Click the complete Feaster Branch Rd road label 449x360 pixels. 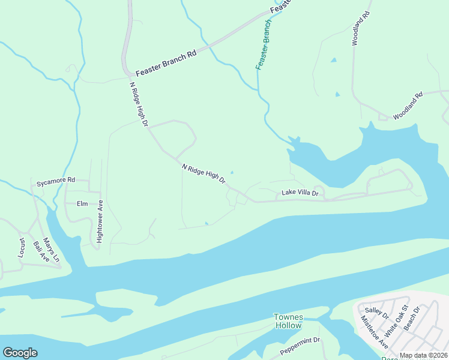[166, 62]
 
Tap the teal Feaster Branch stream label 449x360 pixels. [264, 44]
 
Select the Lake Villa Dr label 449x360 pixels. [300, 194]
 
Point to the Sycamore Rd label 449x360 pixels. [55, 180]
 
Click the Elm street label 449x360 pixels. [82, 204]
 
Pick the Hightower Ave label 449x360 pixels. [100, 221]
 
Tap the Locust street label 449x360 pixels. [22, 247]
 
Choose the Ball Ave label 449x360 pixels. [41, 251]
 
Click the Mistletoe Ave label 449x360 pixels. [374, 332]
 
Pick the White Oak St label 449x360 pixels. [396, 320]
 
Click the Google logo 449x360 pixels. [20, 353]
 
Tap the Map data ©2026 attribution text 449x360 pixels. [423, 356]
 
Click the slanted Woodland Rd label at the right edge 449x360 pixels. [408, 106]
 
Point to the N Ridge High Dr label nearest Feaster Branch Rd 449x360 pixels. [139, 104]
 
